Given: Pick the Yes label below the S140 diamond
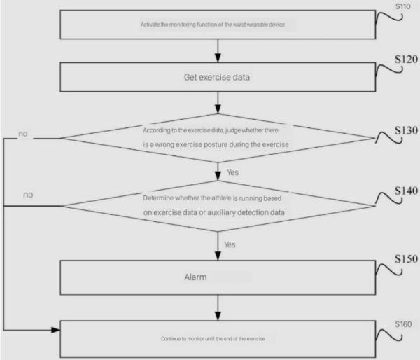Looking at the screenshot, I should pos(229,244).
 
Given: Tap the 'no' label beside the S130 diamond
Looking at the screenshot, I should pos(24,133).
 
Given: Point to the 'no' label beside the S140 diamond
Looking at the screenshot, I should pos(28,194).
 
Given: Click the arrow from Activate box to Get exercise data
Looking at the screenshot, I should pos(218,50).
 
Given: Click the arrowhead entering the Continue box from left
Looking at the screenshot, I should pos(56,328).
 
